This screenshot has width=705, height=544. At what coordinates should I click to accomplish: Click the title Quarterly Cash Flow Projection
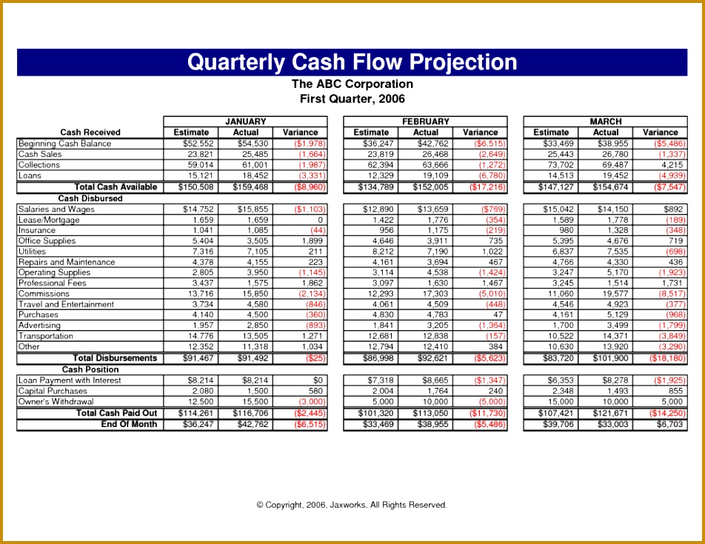[x=352, y=61]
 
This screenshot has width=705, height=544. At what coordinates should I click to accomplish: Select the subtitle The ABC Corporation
[x=352, y=84]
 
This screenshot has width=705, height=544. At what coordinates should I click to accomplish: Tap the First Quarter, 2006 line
[x=352, y=98]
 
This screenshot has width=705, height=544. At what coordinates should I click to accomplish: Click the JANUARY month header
[x=245, y=121]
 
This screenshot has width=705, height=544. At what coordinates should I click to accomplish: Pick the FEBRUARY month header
[x=425, y=121]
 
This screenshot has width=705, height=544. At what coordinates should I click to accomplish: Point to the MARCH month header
[x=605, y=121]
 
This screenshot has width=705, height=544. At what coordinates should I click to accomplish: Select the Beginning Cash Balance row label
[x=65, y=144]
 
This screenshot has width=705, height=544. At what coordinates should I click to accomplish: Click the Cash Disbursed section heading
[x=90, y=198]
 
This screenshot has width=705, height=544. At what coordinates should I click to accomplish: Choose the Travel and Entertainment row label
[x=67, y=304]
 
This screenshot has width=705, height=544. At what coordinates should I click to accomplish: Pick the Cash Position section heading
[x=90, y=369]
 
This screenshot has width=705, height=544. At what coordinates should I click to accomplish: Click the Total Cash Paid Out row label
[x=116, y=413]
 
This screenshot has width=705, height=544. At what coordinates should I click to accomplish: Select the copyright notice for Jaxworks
[x=352, y=505]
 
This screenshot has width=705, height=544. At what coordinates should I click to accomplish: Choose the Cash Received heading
[x=90, y=132]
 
